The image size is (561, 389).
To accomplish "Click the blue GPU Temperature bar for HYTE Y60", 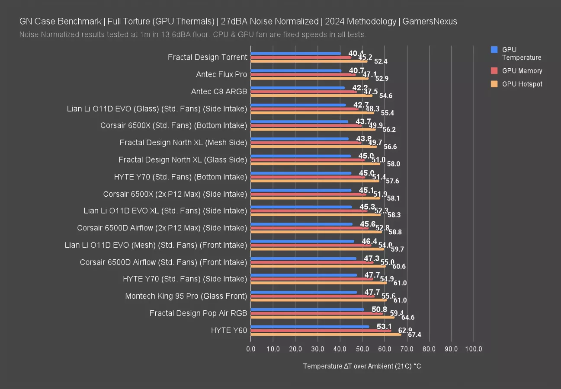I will pos(310,327).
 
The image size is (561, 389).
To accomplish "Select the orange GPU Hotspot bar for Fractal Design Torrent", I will pos(309,61).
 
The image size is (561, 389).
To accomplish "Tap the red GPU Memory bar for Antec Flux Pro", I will pos(303,74).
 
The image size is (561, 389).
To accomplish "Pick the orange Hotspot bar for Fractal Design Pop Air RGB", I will pos(322,317).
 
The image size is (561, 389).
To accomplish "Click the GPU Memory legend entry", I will pos(522,71).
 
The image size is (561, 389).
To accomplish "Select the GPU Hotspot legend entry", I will pos(522,84).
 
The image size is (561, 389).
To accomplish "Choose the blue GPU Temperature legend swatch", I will pos(494,50).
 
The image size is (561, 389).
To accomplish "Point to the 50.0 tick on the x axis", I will pos(362,349).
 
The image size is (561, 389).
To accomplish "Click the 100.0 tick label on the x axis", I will pos(473,349).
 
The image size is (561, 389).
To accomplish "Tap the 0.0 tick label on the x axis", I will pos(251,349).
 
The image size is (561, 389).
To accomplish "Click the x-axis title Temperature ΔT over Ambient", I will pos(362,366).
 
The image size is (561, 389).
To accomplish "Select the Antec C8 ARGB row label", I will pos(219,92).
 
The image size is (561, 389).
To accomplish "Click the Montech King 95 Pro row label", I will pos(186,296).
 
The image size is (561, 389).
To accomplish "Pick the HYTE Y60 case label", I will pos(229,331).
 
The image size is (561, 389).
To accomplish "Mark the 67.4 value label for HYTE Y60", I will pos(414,335).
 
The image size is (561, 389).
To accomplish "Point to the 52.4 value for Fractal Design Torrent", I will pos(381,62).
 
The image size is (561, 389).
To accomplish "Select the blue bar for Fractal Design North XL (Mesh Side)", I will pos(299,139).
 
